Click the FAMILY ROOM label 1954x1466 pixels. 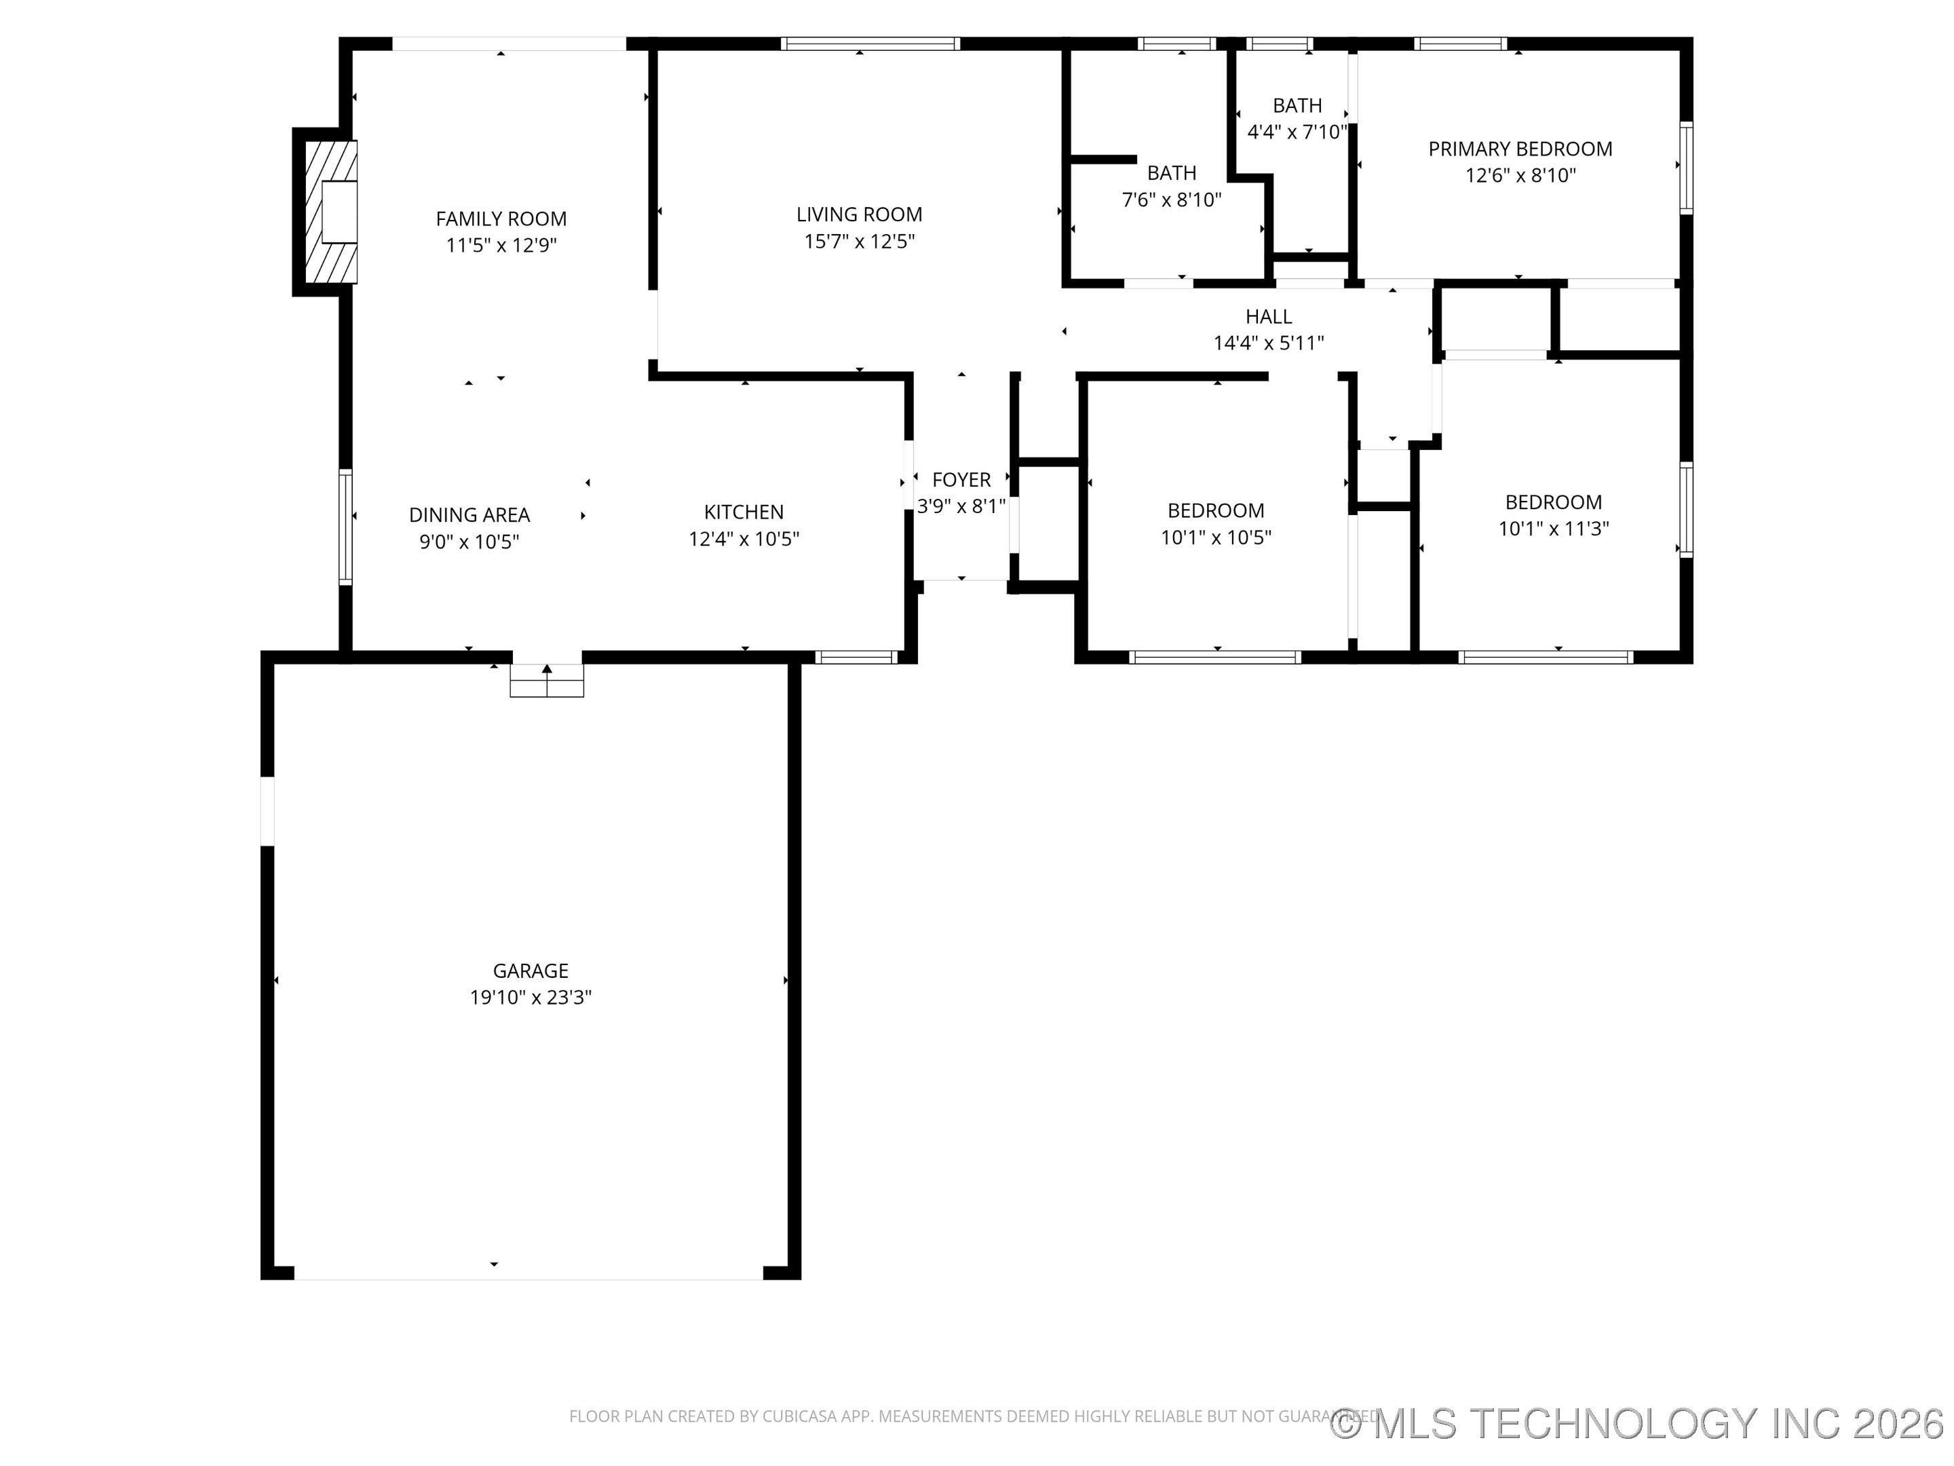point(501,219)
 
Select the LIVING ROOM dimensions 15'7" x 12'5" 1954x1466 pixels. point(859,241)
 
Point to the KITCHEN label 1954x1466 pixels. point(743,512)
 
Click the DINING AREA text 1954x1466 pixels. point(469,514)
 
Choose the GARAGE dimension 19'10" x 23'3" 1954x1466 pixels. point(530,997)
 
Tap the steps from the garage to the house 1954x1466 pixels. point(547,681)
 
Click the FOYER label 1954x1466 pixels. point(961,480)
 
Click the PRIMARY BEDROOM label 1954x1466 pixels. point(1519,149)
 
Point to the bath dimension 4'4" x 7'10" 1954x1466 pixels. point(1296,132)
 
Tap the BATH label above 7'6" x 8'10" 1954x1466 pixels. point(1171,172)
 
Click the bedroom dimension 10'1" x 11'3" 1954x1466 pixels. point(1553,529)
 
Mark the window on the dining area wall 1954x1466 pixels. point(345,527)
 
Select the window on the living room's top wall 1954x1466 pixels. point(870,43)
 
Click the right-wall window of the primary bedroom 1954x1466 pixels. point(1685,168)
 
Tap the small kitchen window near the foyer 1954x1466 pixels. point(855,656)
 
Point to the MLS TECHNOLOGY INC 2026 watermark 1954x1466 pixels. point(1639,1423)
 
